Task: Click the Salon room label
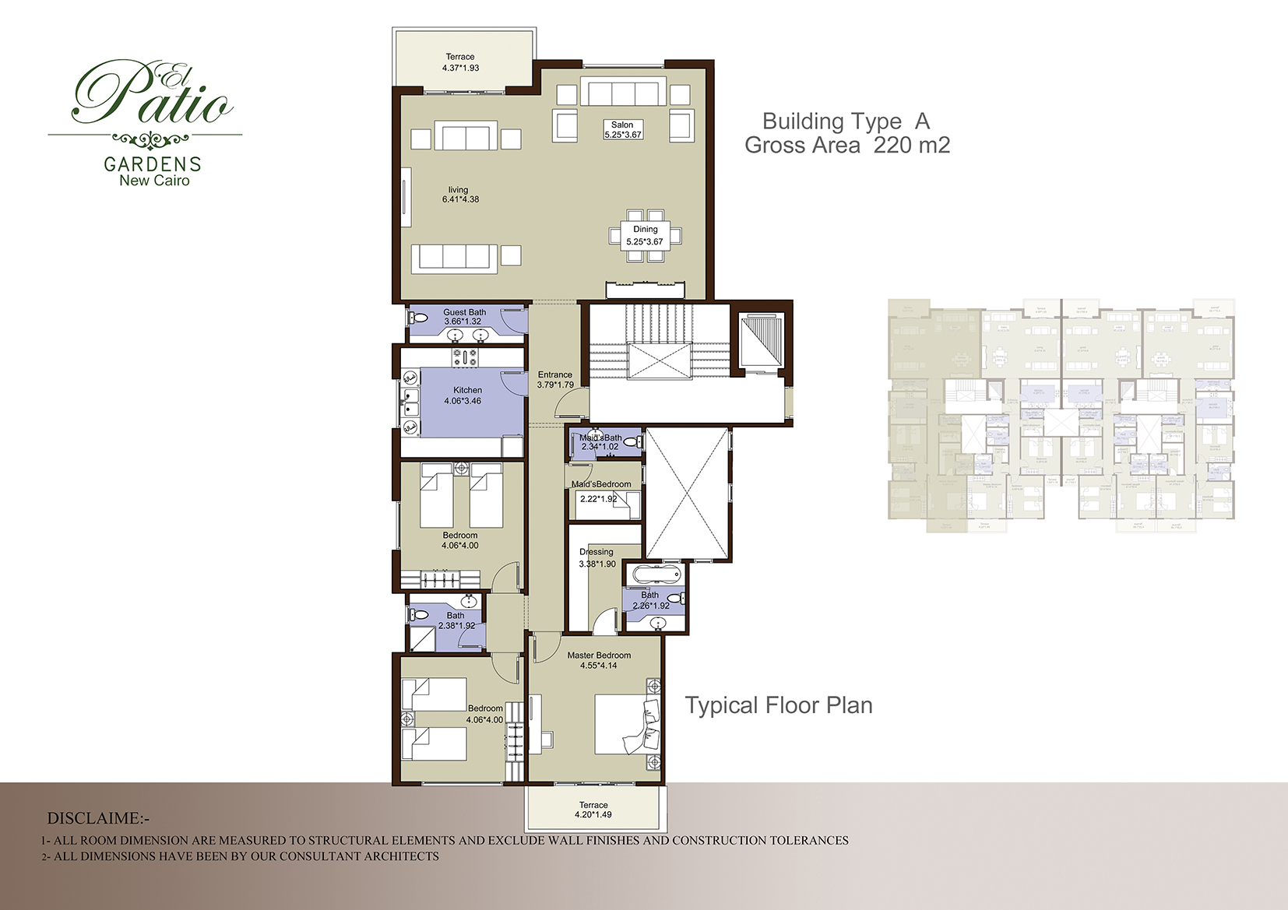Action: (621, 125)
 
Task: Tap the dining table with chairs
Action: (645, 234)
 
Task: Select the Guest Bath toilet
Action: (418, 318)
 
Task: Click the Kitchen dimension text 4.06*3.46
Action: (463, 402)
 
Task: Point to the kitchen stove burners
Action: (465, 357)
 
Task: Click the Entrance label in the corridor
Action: (554, 374)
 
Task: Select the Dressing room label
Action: (596, 552)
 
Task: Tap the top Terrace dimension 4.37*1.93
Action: (460, 68)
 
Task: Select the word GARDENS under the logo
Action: (153, 164)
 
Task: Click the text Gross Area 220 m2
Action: (846, 145)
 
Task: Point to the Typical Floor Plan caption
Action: (778, 705)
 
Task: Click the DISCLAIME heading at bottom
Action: (97, 819)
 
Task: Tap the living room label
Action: (458, 190)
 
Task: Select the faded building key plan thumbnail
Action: (1061, 416)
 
